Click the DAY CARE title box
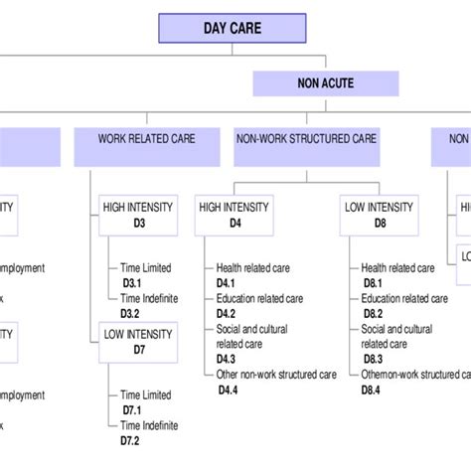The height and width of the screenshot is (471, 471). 234,28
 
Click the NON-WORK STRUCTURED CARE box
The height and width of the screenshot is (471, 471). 305,139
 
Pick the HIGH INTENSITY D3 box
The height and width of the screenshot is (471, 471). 137,215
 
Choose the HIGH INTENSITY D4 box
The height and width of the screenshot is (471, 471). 235,215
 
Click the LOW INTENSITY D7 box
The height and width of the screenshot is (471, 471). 137,342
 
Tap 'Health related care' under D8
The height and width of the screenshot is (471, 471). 397,267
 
